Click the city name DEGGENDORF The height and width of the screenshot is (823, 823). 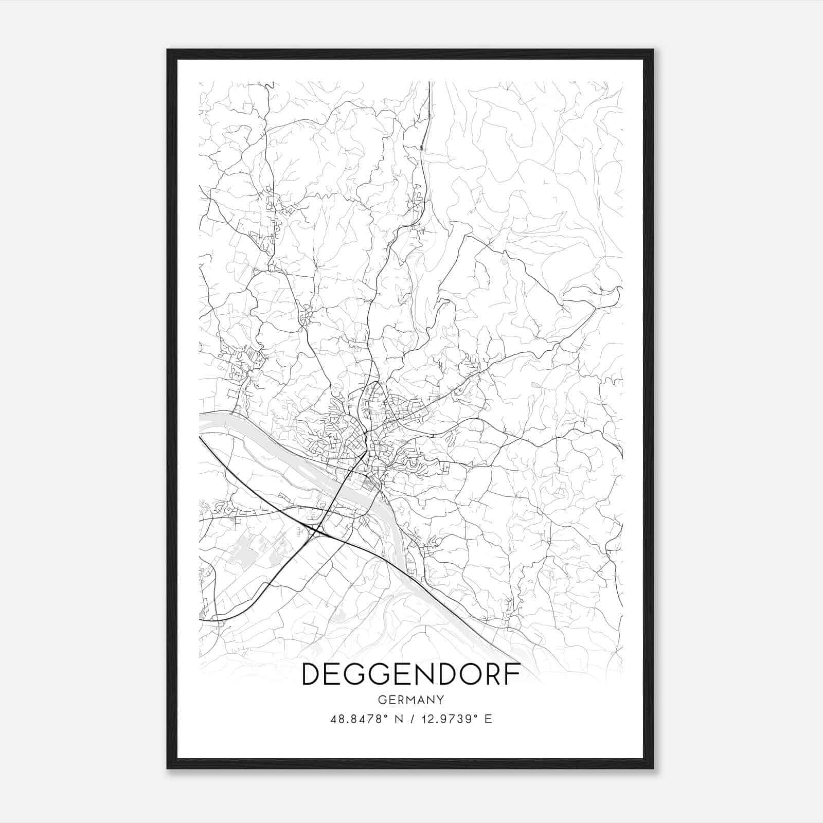click(411, 674)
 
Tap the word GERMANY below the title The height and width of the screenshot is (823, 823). click(410, 700)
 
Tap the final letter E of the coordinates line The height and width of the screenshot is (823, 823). click(488, 719)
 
